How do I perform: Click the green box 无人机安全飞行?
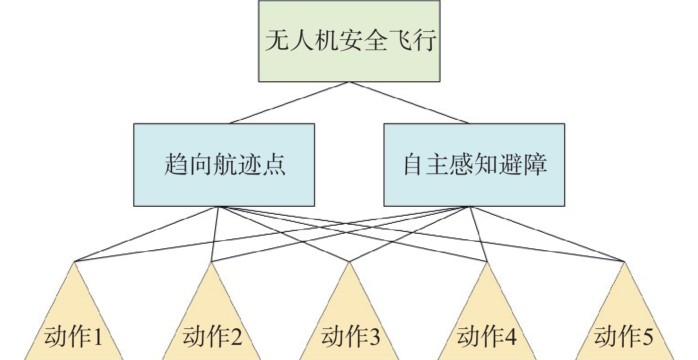tap(349, 41)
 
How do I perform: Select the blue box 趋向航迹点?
tap(224, 165)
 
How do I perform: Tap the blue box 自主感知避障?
tap(474, 165)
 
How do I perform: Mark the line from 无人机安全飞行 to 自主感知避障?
tap(409, 103)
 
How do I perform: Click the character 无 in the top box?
tap(276, 41)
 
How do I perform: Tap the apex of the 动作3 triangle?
tap(349, 263)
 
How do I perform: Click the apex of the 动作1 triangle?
tap(74, 262)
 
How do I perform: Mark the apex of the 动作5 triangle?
tap(624, 262)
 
